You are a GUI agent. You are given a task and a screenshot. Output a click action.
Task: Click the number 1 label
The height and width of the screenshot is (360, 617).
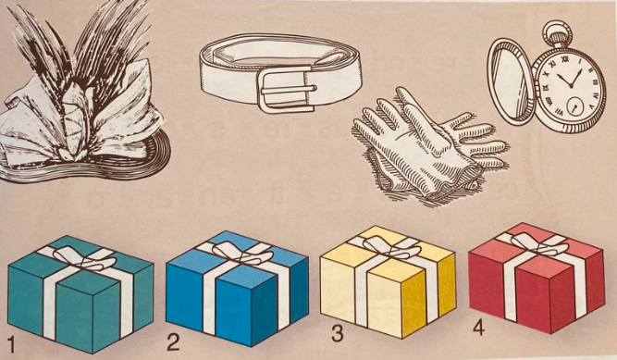click(x=10, y=351)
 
